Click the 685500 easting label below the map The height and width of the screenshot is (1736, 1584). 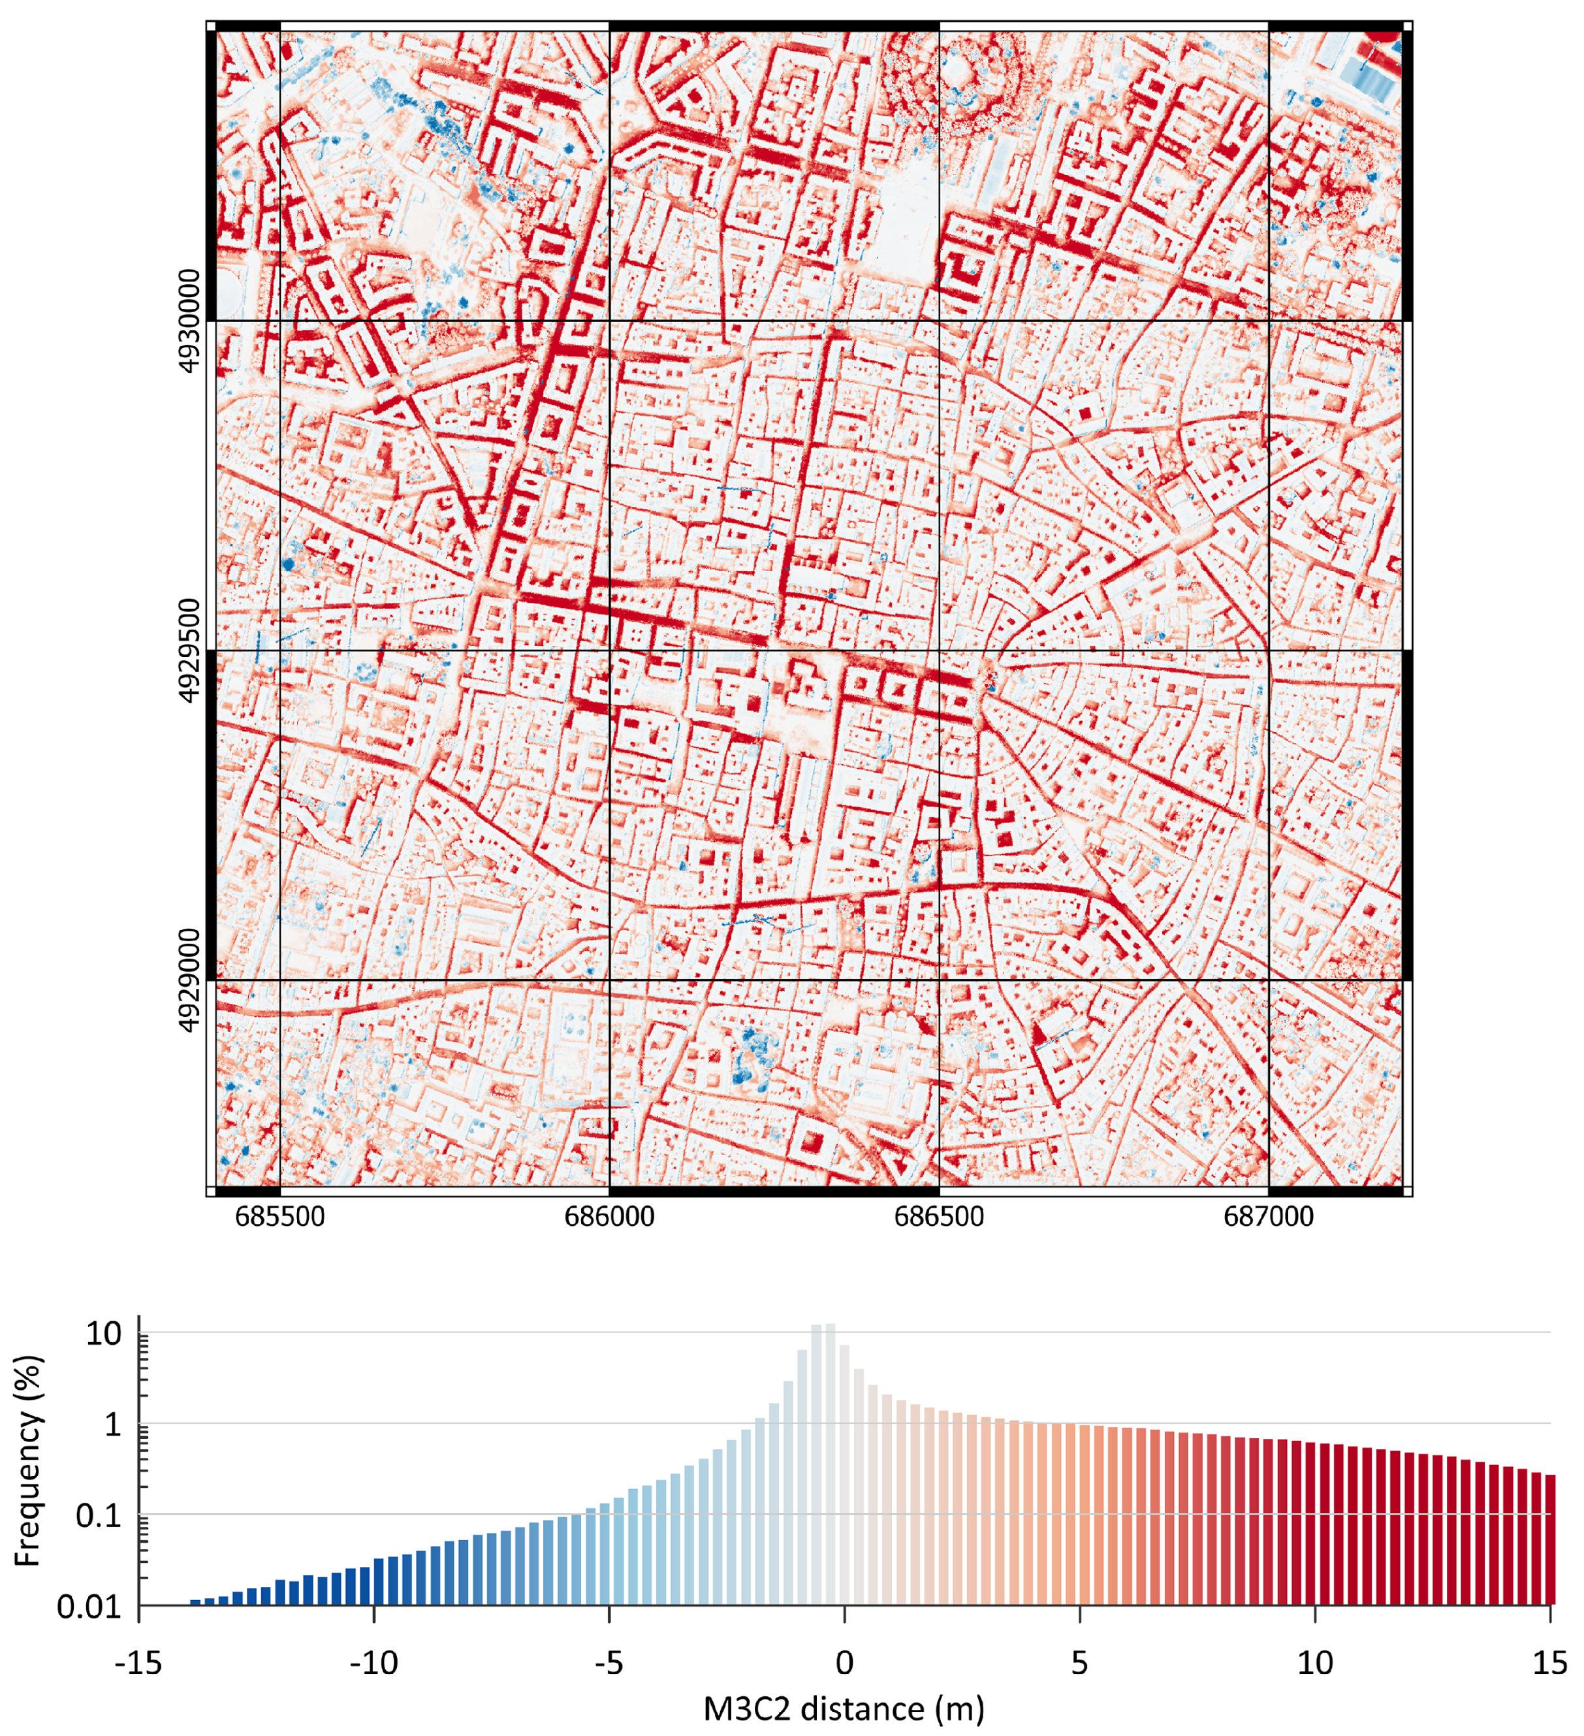280,1217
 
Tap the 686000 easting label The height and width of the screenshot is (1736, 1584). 609,1217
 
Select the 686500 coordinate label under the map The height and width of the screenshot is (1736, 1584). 938,1217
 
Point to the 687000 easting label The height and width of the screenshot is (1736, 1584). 1268,1217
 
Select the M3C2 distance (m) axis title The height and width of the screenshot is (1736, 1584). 844,1709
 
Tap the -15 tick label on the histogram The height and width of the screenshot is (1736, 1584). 138,1663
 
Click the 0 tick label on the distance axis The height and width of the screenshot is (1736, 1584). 844,1663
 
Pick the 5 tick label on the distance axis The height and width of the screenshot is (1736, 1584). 1079,1663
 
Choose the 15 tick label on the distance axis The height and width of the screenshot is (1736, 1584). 1549,1663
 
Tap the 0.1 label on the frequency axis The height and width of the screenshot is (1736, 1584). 99,1515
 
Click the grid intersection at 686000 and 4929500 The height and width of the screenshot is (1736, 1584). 609,650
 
